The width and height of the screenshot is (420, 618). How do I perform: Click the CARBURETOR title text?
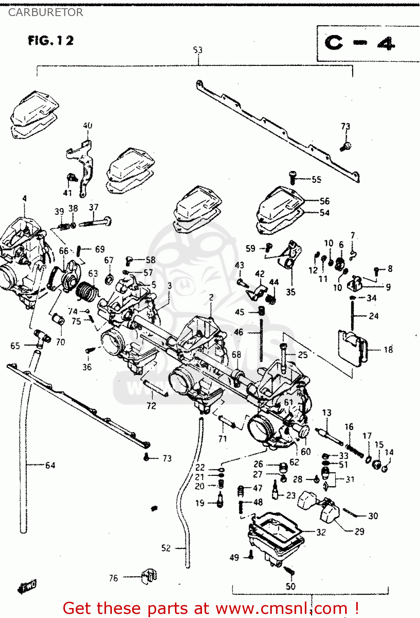[46, 12]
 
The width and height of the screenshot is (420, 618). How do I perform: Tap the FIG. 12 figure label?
[51, 40]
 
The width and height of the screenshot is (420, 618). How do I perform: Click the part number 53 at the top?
[198, 50]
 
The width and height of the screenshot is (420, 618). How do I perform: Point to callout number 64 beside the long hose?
[50, 465]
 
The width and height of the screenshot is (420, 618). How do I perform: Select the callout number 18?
[388, 349]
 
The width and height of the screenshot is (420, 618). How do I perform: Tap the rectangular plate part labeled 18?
[352, 347]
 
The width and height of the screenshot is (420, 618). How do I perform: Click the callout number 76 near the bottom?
[114, 578]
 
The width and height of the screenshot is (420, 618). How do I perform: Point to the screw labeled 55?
[292, 178]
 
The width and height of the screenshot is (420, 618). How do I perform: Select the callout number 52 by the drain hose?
[166, 548]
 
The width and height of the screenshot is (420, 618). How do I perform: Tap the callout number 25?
[303, 355]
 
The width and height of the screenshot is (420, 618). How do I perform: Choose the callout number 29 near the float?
[359, 531]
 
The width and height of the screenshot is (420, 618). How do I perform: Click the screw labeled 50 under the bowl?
[289, 570]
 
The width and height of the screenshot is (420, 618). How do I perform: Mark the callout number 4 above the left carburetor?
[24, 199]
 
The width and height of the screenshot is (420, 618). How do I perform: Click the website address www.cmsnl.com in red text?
[282, 608]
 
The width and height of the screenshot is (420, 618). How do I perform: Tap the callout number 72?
[151, 406]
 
